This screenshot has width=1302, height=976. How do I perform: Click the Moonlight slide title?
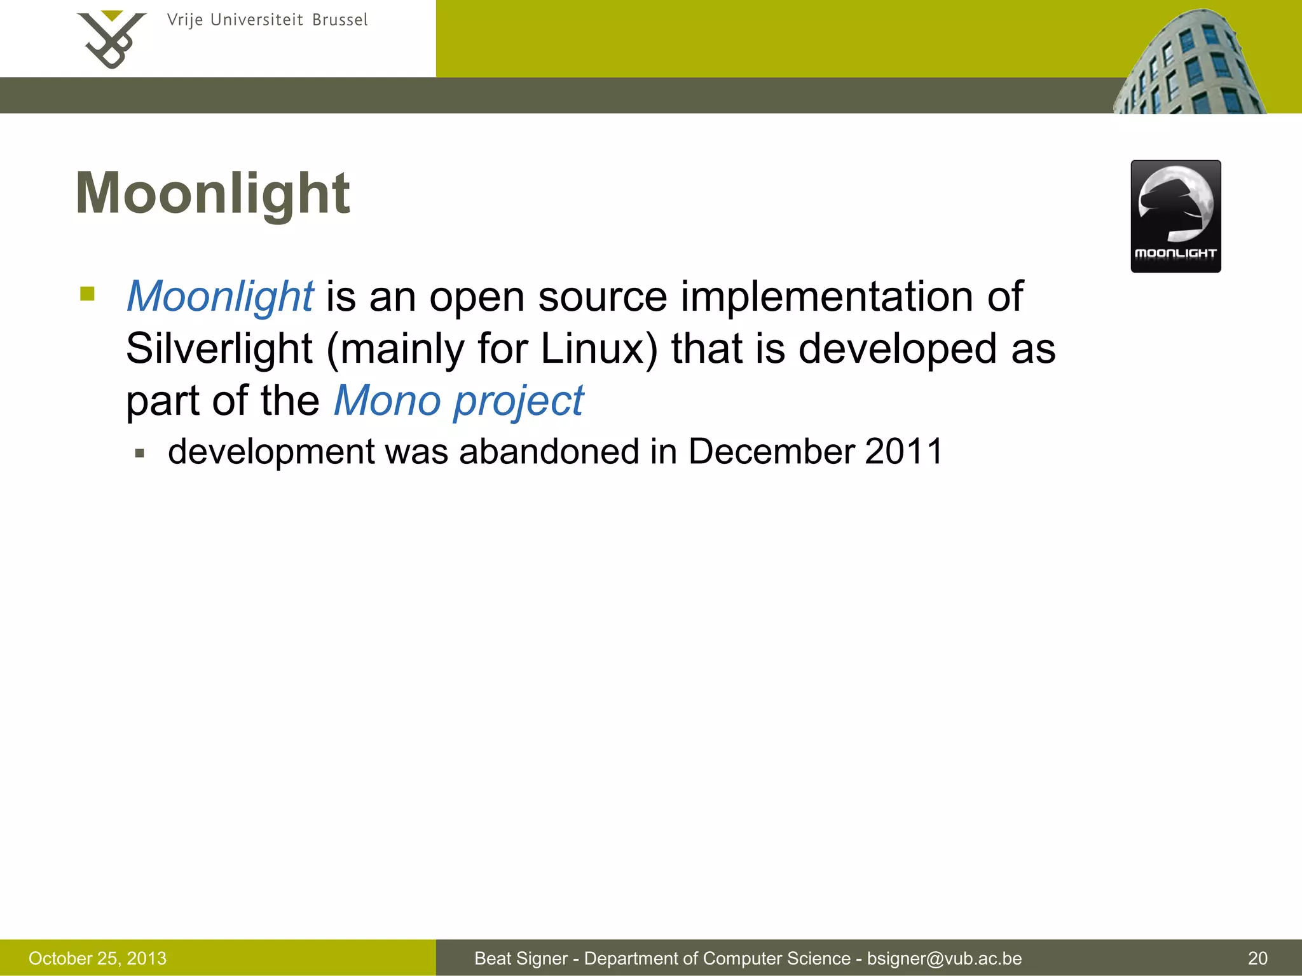click(212, 193)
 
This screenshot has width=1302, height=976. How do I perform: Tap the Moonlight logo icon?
click(1175, 216)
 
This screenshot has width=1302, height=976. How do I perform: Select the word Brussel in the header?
click(339, 20)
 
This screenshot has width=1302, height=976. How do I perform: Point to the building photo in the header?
click(1189, 64)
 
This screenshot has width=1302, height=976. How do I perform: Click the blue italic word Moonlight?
click(219, 296)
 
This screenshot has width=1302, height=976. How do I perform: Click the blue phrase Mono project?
click(458, 400)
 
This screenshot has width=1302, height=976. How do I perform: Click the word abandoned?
click(549, 452)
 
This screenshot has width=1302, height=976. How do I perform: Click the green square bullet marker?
click(88, 294)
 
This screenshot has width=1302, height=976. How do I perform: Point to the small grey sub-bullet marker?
click(140, 454)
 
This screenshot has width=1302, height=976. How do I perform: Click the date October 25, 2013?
click(97, 958)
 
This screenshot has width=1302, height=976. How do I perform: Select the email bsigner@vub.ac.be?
click(944, 958)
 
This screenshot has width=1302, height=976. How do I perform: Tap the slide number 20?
click(1257, 958)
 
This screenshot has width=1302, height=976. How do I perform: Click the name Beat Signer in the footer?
click(521, 958)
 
